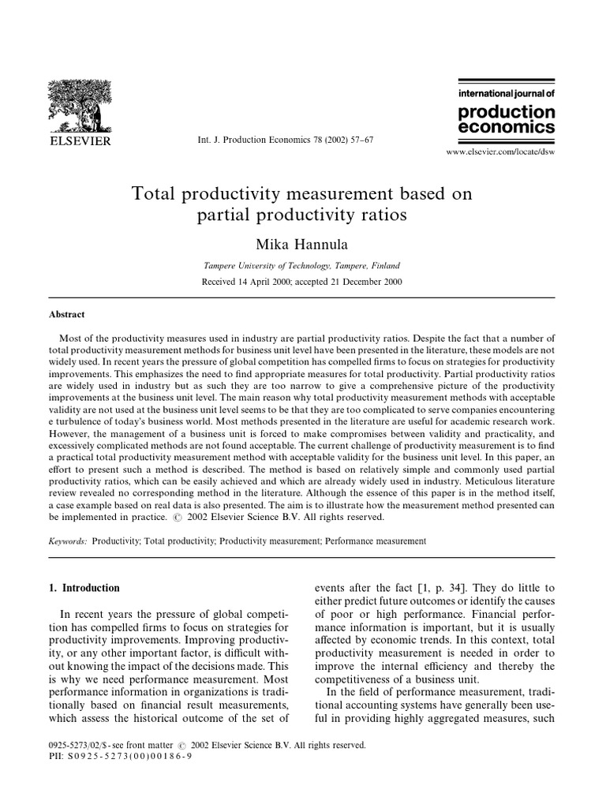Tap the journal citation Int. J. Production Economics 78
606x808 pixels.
coord(284,139)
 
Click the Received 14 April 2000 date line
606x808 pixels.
coord(302,282)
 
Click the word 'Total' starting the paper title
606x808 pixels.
coord(163,193)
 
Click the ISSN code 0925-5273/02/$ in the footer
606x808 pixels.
coord(82,744)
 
